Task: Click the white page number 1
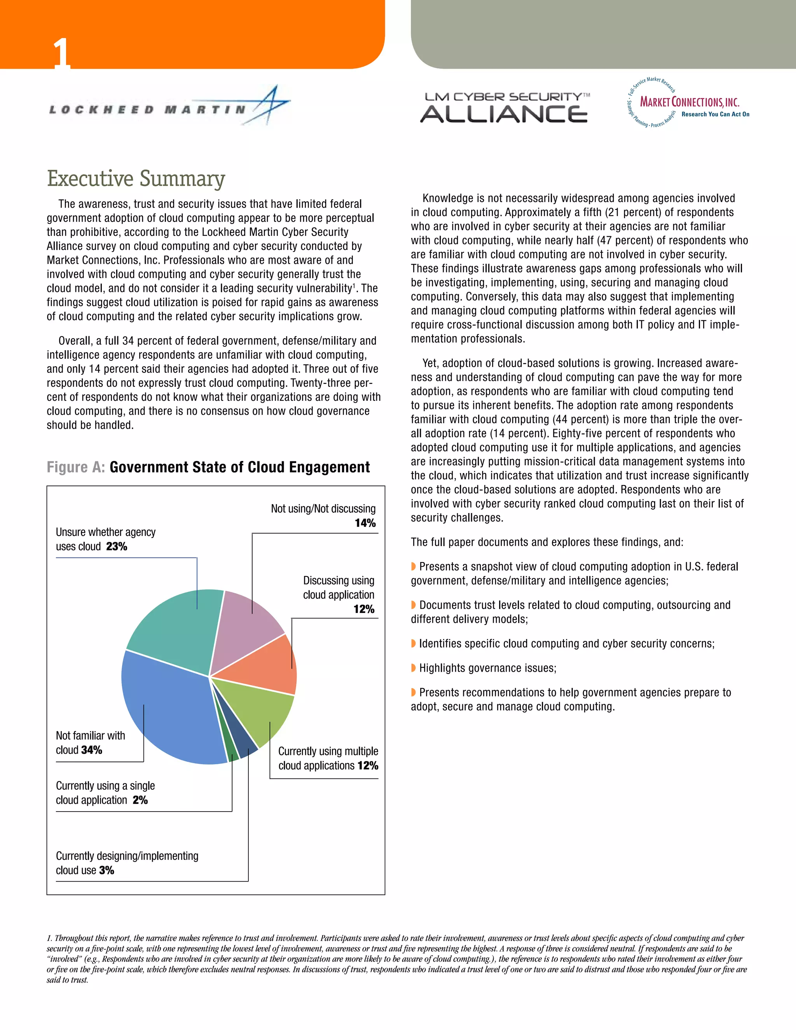[61, 53]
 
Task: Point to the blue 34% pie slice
[165, 707]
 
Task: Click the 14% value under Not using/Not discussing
[365, 523]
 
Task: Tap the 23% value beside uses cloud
[117, 546]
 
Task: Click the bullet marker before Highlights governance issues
[414, 668]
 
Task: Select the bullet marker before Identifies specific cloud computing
[414, 643]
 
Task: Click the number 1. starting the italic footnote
[49, 939]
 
